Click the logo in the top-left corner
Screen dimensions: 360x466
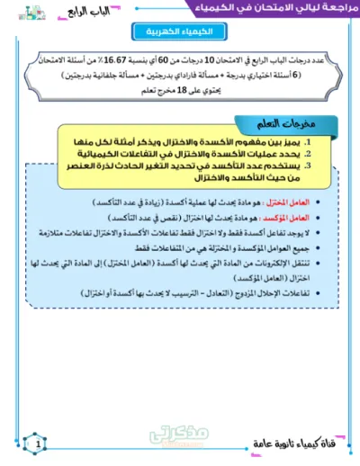(x=15, y=11)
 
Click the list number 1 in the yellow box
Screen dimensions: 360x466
(x=309, y=141)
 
